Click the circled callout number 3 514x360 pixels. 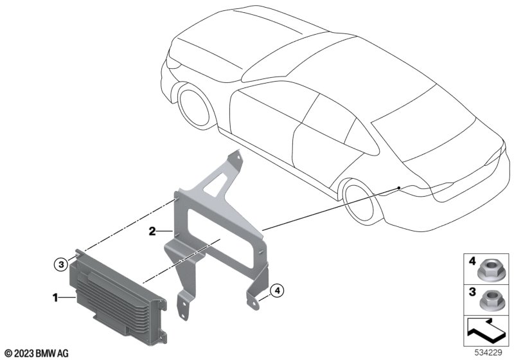pyautogui.click(x=61, y=264)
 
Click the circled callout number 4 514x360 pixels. pyautogui.click(x=278, y=291)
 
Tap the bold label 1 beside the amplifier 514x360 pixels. pyautogui.click(x=55, y=298)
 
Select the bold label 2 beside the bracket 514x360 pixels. pyautogui.click(x=152, y=231)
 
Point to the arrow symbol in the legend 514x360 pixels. pyautogui.click(x=485, y=330)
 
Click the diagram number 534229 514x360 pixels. pyautogui.click(x=488, y=353)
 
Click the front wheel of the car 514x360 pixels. pyautogui.click(x=194, y=106)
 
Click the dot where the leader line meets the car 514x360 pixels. pyautogui.click(x=399, y=188)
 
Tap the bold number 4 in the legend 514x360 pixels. pyautogui.click(x=472, y=261)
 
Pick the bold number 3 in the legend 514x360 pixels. pyautogui.click(x=472, y=292)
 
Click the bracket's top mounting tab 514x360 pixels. pyautogui.click(x=235, y=159)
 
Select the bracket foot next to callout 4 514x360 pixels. pyautogui.click(x=253, y=300)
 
